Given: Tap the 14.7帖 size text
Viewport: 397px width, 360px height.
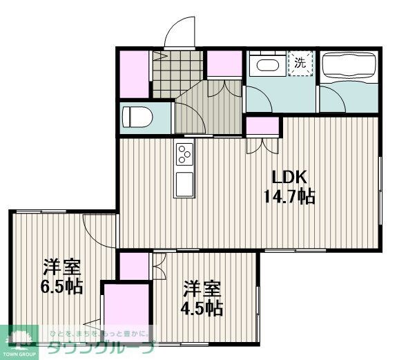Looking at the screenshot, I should point(289,196).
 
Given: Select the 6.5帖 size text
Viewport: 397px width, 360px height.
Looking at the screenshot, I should point(61,286).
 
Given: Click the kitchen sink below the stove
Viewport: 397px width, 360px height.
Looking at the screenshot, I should point(184,184).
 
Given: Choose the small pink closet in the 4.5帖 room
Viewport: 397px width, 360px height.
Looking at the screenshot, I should point(134,266).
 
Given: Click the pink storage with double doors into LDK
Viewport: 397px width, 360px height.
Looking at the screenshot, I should point(262,126).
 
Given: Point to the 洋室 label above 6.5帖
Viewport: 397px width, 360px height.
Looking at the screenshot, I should point(61,266).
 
